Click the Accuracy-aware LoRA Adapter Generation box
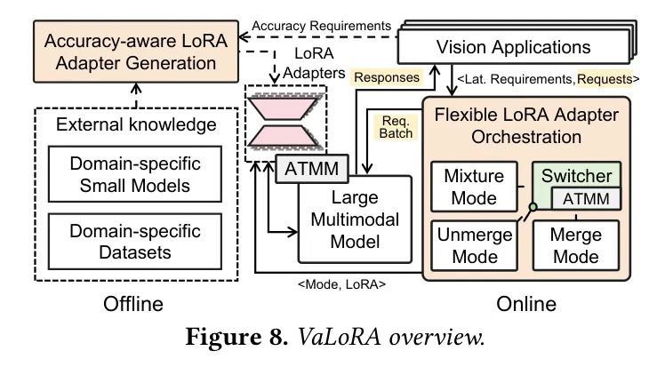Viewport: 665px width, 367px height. (130, 52)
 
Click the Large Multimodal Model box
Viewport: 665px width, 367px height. (356, 218)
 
